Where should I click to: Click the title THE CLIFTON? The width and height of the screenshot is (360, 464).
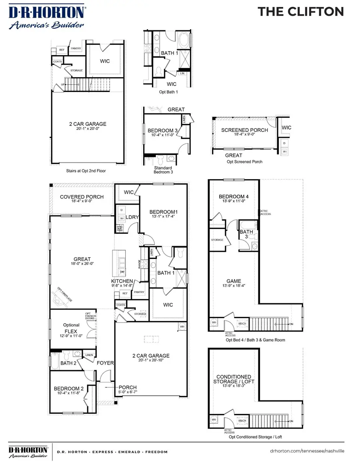pos(300,12)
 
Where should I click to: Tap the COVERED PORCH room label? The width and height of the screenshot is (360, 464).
pos(82,197)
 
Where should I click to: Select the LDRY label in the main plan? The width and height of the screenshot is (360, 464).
pos(132,217)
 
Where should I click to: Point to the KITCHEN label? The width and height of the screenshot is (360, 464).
pos(122,281)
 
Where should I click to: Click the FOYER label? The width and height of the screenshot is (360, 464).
pos(105,363)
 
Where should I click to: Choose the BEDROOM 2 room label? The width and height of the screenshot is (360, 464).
pos(68,388)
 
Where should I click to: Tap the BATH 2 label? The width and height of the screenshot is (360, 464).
pos(68,363)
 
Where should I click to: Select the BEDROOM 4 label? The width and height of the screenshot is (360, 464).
pos(234,197)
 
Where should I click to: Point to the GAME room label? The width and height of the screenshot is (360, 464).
pos(234,281)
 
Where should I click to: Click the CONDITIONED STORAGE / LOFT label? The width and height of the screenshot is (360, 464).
pos(234,379)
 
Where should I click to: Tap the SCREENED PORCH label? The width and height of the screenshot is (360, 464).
pos(244,130)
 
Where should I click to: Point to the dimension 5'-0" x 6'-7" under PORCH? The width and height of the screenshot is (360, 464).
pos(128,392)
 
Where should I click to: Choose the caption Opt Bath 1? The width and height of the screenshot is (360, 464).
pos(168,92)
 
